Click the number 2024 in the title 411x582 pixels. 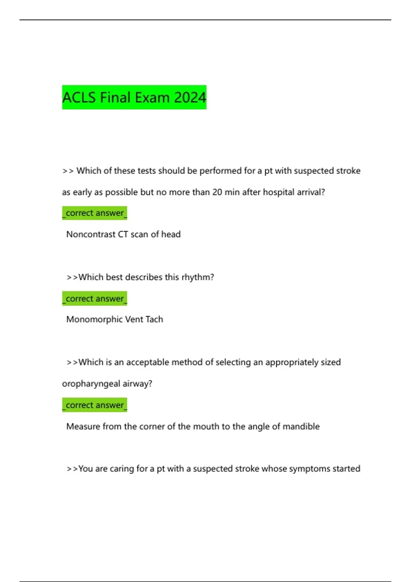click(190, 98)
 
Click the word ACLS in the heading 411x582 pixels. click(79, 98)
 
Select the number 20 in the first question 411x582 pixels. click(217, 192)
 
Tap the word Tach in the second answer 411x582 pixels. click(154, 319)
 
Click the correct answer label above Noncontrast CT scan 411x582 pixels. click(95, 213)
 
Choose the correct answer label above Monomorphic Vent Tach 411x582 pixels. click(95, 299)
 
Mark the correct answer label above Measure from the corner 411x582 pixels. click(95, 405)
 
